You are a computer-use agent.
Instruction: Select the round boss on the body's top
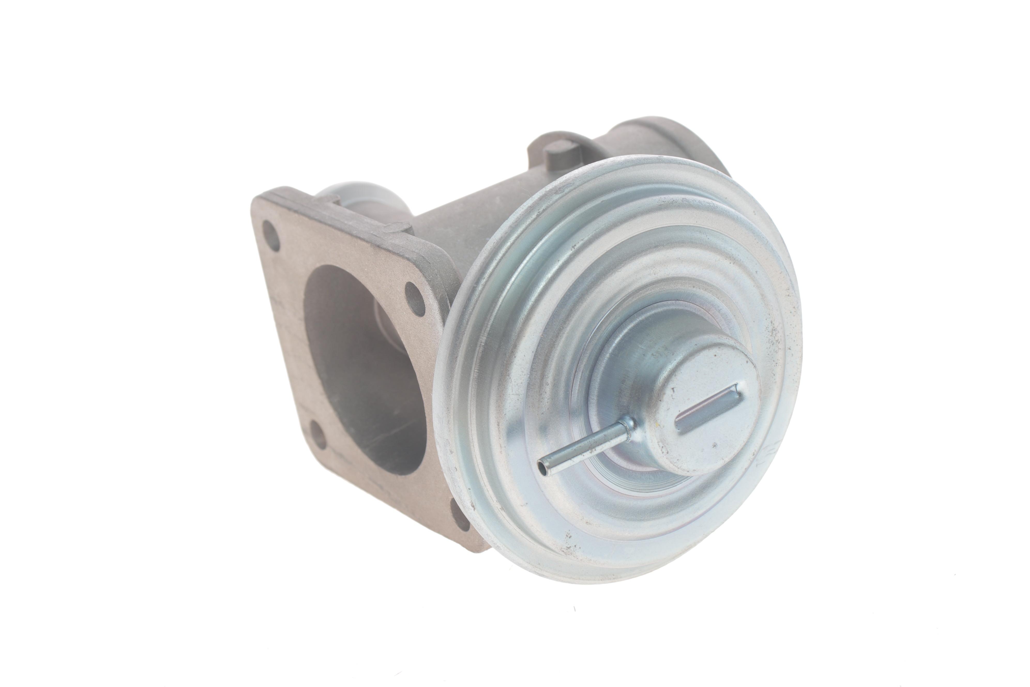coord(562,158)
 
